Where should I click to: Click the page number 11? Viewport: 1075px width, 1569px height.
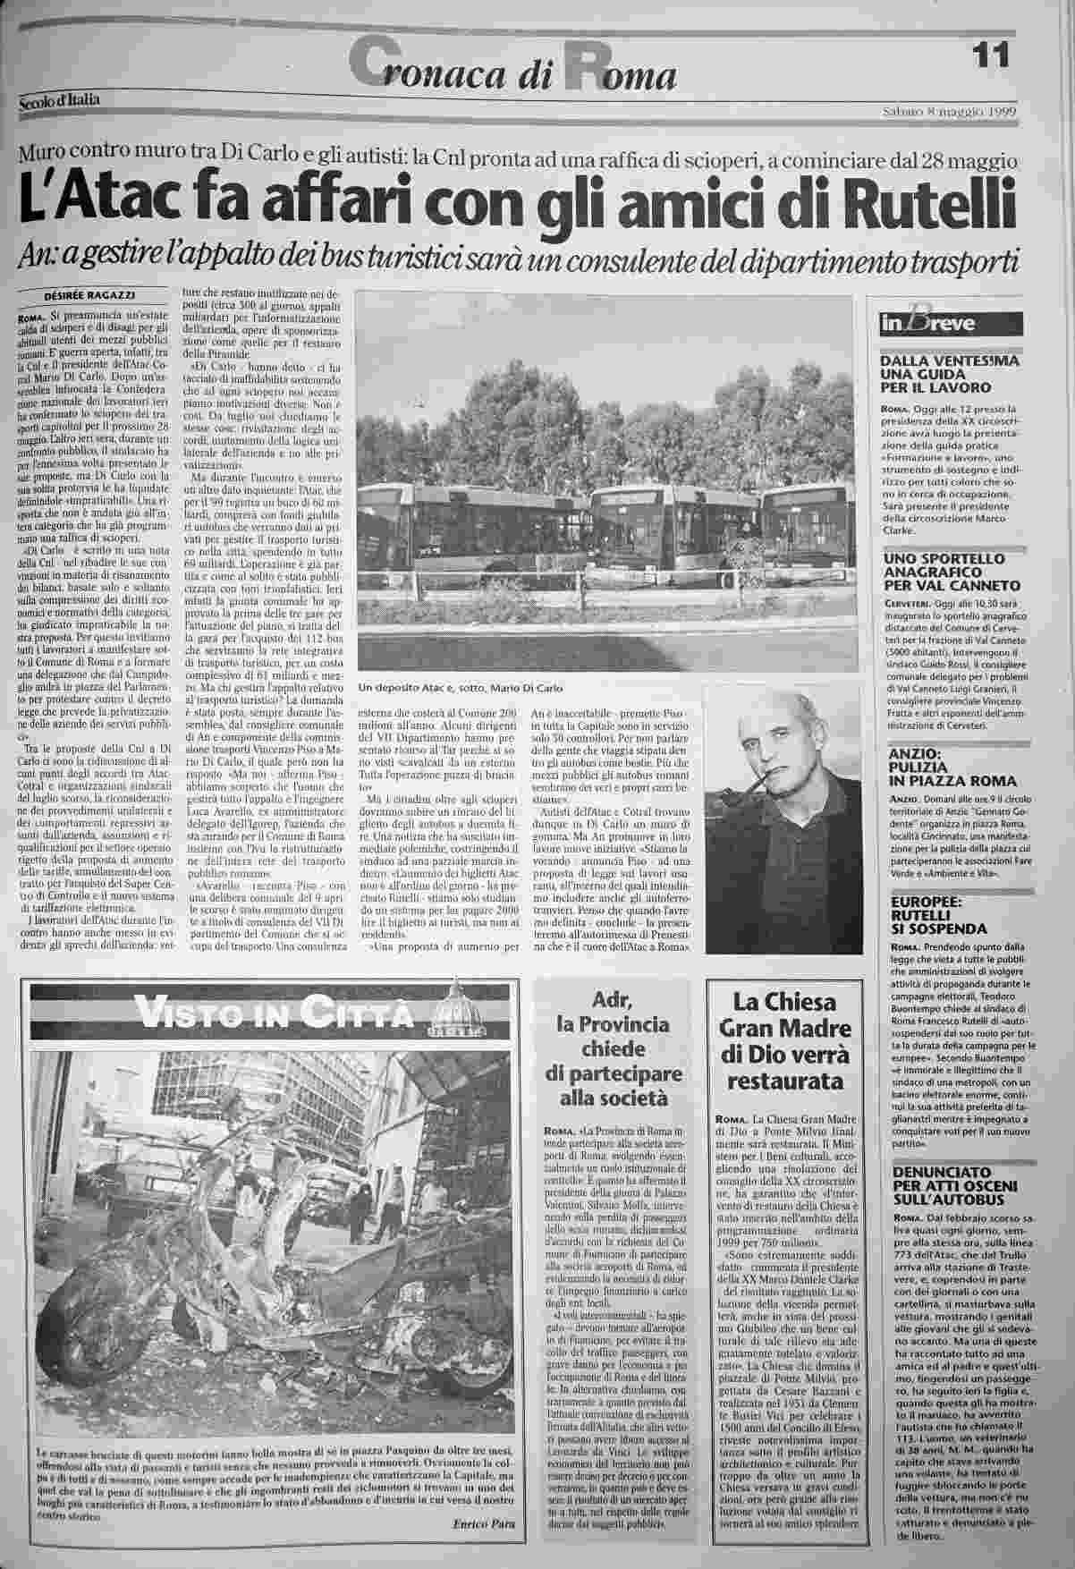click(x=990, y=55)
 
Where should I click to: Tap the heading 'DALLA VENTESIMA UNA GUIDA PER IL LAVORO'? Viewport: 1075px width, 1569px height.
click(x=937, y=375)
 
